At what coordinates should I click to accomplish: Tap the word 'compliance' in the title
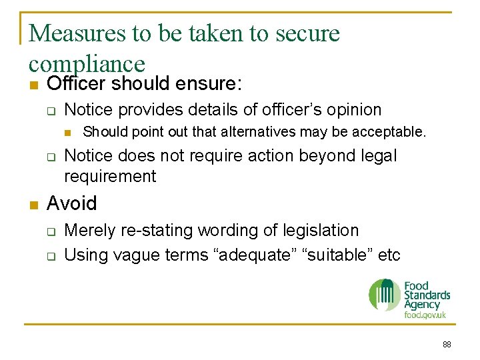tap(87, 64)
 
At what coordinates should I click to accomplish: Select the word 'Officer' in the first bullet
tap(77, 84)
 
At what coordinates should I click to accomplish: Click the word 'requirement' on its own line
tap(110, 177)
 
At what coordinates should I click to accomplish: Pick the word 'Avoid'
tap(72, 203)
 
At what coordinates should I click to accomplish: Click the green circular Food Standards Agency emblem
tap(385, 295)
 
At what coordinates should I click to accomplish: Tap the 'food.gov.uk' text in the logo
tap(425, 315)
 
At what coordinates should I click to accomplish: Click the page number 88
tap(446, 345)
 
